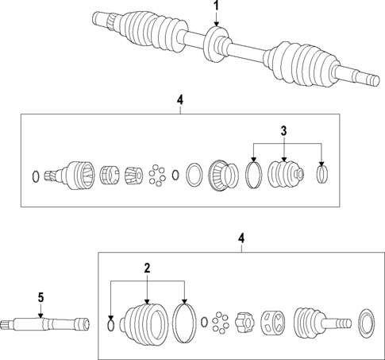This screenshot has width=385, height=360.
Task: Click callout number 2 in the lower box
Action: [x=147, y=269]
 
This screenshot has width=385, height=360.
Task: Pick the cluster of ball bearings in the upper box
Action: [x=159, y=175]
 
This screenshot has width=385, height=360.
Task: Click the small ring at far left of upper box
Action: [x=33, y=175]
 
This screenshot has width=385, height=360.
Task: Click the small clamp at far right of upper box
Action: [x=321, y=174]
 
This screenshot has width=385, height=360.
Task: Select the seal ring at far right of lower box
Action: [x=366, y=323]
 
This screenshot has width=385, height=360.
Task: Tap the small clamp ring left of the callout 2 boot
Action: [x=110, y=323]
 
